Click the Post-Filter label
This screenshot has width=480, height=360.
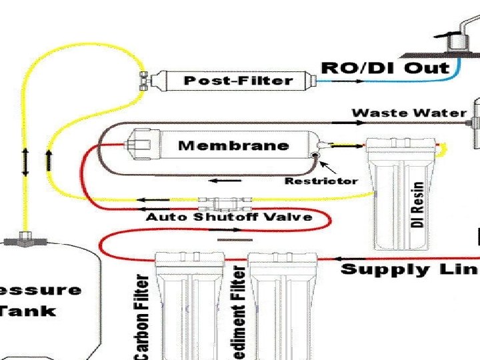click(x=238, y=81)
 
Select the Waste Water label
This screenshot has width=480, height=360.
click(x=409, y=113)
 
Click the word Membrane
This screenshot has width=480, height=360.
click(x=233, y=145)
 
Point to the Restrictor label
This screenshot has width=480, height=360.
click(x=321, y=181)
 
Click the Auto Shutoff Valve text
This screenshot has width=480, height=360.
click(x=229, y=217)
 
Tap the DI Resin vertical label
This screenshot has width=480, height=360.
click(x=418, y=205)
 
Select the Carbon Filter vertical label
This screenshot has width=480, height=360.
click(x=141, y=317)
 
